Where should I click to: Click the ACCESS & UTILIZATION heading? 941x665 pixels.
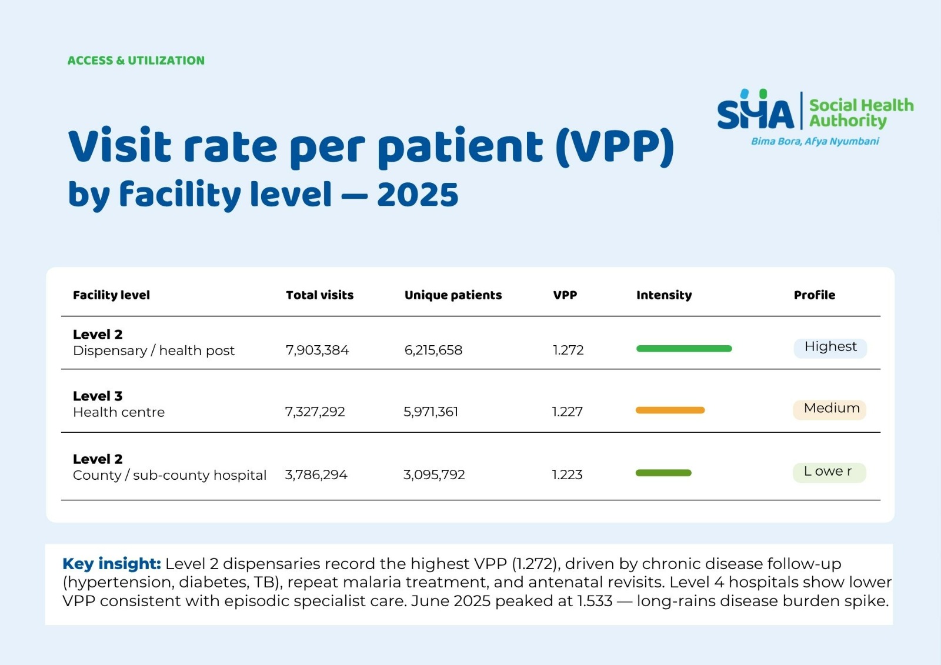(136, 61)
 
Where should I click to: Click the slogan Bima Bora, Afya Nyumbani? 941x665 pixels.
(815, 141)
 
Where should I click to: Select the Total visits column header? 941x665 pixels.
(319, 295)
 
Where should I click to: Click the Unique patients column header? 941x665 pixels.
(453, 295)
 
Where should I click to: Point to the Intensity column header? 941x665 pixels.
(663, 295)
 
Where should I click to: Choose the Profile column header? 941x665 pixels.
(814, 295)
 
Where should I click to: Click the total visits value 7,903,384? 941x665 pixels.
(317, 350)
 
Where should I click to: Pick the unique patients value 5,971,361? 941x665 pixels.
(431, 412)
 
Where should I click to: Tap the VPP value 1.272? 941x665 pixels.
(568, 350)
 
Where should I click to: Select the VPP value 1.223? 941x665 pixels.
(567, 474)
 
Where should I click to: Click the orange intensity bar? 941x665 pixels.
(670, 410)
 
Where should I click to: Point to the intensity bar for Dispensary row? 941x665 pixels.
(684, 349)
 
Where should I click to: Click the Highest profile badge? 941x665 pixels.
(830, 347)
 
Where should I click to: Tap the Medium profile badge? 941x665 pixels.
(830, 409)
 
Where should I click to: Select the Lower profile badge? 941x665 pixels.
(829, 472)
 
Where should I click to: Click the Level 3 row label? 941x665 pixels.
(98, 396)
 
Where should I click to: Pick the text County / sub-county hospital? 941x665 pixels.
(169, 475)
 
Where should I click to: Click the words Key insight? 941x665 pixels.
(111, 564)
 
